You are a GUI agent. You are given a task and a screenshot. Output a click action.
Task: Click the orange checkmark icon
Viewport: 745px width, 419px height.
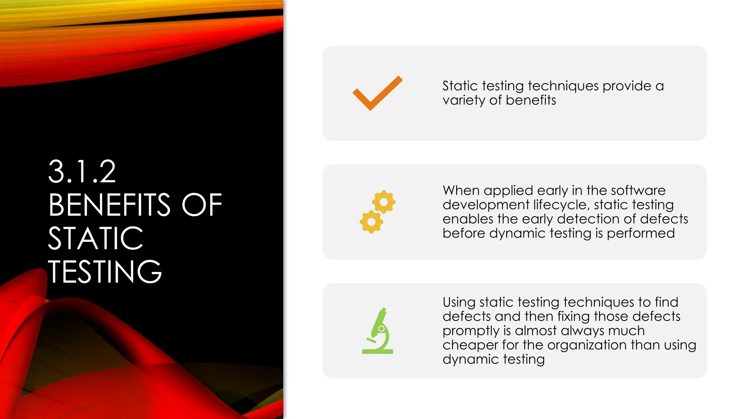coord(377,93)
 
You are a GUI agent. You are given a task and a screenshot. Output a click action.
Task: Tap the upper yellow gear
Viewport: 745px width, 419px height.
coord(383,202)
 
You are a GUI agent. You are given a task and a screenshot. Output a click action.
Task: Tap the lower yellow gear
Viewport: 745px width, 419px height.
coord(371,222)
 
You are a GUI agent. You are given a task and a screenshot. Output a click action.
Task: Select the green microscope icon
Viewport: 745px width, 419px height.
coord(378,331)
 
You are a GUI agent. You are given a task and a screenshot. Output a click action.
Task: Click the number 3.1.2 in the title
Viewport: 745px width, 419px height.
coord(82,172)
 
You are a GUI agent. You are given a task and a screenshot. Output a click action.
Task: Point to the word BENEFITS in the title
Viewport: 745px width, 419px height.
coord(109,205)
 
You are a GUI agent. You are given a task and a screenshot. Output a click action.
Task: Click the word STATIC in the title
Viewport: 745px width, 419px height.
coord(95,239)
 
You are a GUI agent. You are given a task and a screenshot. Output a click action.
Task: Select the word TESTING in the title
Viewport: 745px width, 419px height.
coord(105,272)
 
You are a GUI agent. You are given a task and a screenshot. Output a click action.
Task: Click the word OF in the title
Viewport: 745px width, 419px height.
coord(202,205)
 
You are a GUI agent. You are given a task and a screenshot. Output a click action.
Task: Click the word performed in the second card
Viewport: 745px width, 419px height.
coord(641,234)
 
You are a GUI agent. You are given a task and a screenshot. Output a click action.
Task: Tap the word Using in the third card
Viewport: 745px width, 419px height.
coord(459,302)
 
